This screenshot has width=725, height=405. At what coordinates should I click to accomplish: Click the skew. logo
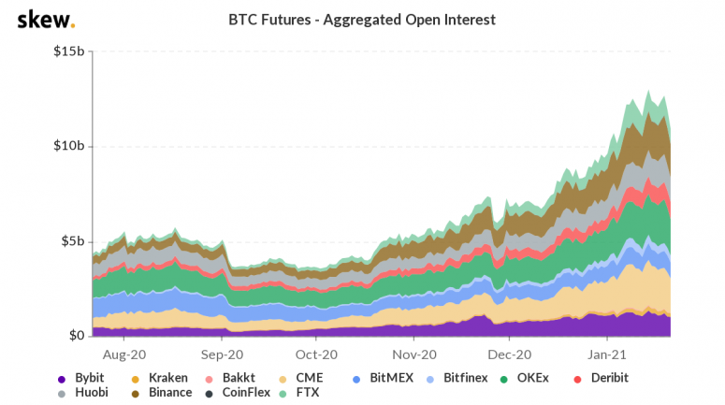coord(46,20)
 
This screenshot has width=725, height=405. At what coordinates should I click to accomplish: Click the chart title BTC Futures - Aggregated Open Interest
coord(362,19)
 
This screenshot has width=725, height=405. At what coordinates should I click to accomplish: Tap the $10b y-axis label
coord(68,147)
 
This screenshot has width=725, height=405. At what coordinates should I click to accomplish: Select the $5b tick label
coord(72,241)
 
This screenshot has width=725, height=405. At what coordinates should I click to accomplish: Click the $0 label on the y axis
coord(77,336)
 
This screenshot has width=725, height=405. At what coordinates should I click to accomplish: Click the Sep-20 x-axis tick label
coord(223,355)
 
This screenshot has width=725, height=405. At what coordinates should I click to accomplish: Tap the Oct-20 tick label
coord(316,355)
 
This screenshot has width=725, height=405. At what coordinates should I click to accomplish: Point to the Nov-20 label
coord(414,355)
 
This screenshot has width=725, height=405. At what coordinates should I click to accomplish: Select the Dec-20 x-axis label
coord(509,355)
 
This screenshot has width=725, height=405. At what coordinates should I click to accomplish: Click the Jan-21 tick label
coord(606,355)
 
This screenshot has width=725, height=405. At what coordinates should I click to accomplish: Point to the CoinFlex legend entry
coord(239,393)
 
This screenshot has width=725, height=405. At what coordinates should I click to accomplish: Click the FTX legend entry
coord(303,393)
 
